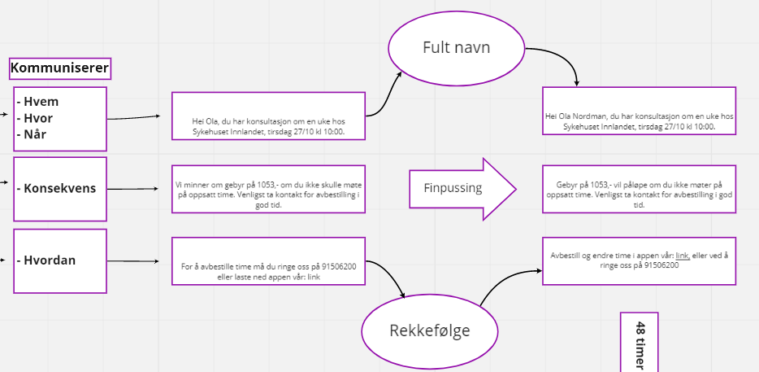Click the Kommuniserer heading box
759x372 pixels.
[59, 68]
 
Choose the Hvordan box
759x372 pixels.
[60, 260]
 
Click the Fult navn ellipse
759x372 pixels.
[456, 47]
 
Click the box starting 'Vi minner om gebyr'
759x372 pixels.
[269, 190]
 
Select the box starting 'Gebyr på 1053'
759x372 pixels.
[639, 190]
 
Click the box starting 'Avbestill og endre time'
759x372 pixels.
[639, 260]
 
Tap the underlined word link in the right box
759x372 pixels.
[682, 255]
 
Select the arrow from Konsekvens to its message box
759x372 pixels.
[138, 190]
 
